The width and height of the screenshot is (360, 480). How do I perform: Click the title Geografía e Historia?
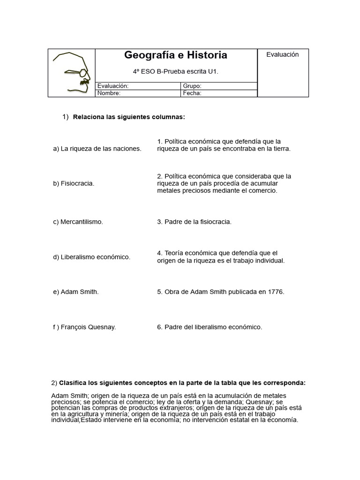(176, 55)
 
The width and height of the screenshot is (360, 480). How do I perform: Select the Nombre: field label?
(109, 93)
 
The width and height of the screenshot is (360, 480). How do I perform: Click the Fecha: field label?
(192, 93)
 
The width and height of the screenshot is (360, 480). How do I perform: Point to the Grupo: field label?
(193, 86)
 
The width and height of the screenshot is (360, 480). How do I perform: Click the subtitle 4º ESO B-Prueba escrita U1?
(176, 72)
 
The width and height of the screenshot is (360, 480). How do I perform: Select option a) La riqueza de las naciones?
(97, 149)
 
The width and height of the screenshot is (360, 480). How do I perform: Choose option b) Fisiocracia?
(74, 183)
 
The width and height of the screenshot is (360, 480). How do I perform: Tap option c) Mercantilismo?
(78, 222)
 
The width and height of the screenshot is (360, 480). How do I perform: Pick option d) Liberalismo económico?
(92, 257)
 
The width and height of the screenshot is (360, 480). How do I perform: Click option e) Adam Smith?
(76, 292)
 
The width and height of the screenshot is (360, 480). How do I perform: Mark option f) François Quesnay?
(84, 327)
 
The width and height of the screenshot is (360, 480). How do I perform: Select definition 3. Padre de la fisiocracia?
(194, 222)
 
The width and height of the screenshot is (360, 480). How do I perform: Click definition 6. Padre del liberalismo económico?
(210, 327)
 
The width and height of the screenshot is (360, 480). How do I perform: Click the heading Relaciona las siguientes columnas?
(129, 117)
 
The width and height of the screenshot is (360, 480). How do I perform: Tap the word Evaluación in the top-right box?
(282, 54)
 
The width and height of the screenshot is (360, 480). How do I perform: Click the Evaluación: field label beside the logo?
(113, 86)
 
